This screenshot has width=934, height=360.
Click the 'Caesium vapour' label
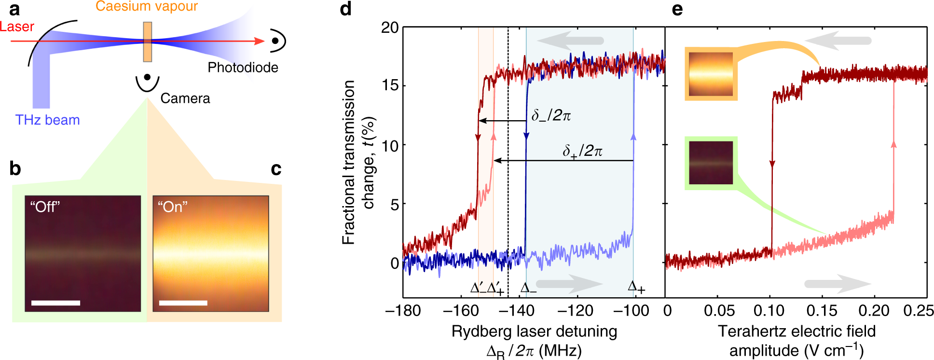point(147,6)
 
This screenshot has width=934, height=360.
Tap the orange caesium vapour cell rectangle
point(147,42)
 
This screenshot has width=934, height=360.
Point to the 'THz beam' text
point(47,120)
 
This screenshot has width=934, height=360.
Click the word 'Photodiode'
point(243,68)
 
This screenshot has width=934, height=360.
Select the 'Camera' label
point(185,98)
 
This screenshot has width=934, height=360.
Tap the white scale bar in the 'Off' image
point(55,303)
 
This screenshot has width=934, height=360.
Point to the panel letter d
point(345,9)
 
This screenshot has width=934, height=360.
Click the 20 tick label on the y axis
point(390,28)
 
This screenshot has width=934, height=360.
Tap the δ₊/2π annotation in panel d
point(582,151)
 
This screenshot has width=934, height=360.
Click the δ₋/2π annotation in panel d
point(551,116)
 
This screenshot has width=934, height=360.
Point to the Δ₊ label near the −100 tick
point(636,287)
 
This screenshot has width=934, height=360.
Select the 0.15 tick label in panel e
point(822,311)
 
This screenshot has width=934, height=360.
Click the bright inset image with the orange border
point(711,74)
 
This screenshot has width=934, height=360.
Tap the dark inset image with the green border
point(711,163)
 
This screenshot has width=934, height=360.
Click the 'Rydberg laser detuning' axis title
point(534,332)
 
